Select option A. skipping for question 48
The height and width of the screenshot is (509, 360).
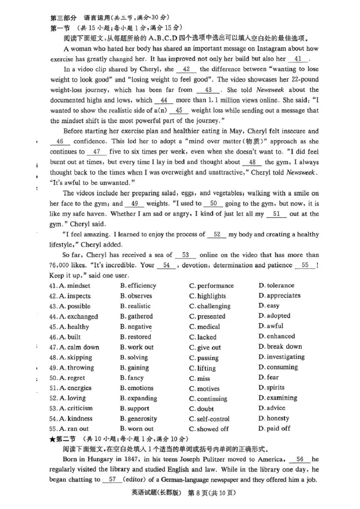click(75, 358)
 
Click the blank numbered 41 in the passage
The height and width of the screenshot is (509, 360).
click(297, 59)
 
